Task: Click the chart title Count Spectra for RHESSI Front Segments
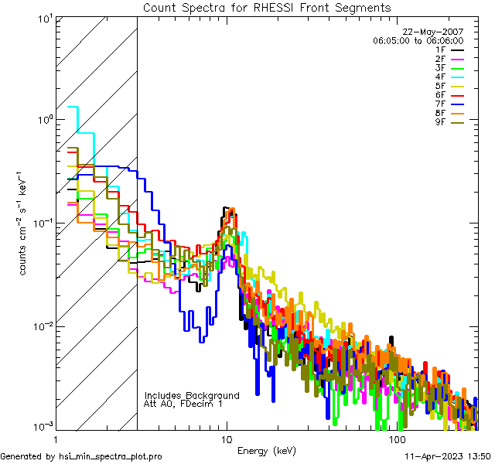click(x=267, y=8)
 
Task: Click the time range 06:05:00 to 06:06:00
click(x=418, y=40)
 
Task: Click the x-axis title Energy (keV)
click(x=266, y=451)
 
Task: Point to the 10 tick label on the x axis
click(x=226, y=439)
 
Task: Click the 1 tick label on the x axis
click(x=56, y=439)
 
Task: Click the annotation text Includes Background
click(x=192, y=396)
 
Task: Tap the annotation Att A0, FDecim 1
click(x=183, y=404)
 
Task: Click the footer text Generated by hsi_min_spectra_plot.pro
click(x=81, y=457)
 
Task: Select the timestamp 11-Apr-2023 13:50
click(x=446, y=457)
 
